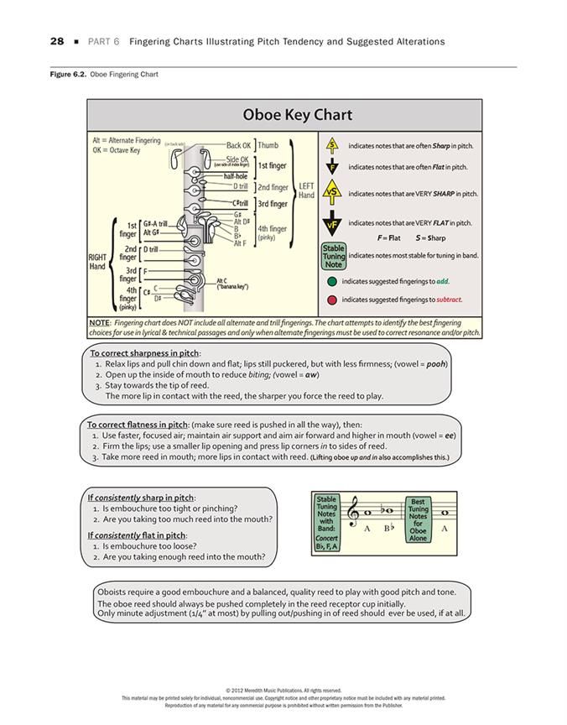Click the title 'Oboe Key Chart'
[x=285, y=115]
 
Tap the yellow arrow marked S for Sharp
[x=333, y=145]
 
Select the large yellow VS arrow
[x=333, y=192]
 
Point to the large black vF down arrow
[x=333, y=224]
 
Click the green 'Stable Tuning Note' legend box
[x=333, y=256]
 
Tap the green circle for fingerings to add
[x=333, y=282]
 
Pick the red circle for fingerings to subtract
[x=333, y=299]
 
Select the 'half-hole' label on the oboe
[x=237, y=176]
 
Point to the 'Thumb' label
[x=268, y=145]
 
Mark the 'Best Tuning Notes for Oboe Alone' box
[x=418, y=518]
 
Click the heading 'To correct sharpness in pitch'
[x=144, y=353]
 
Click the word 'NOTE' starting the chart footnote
[x=99, y=322]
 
